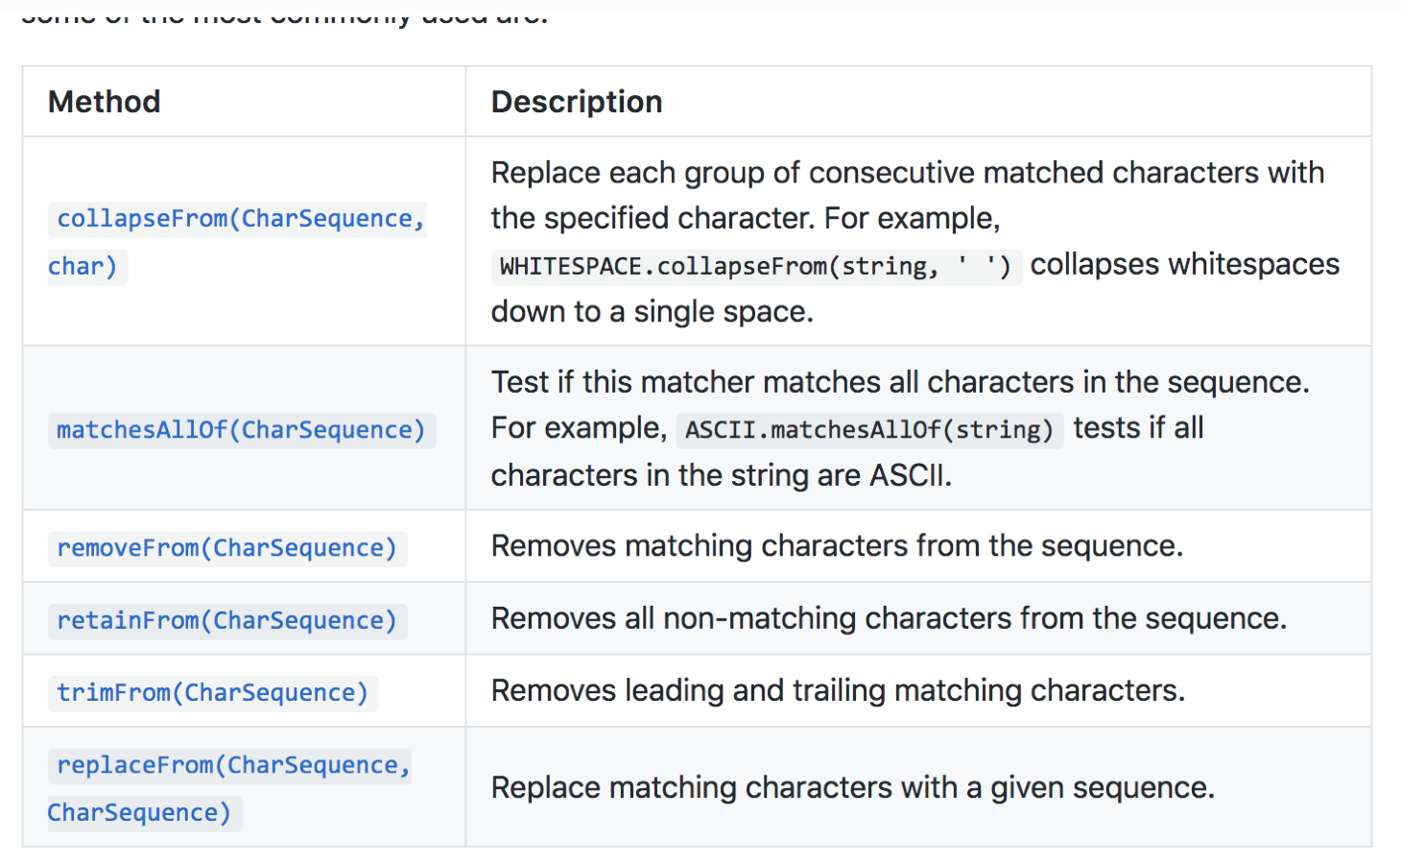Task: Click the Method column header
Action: click(105, 102)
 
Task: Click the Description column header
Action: click(577, 102)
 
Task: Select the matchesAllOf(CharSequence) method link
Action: click(241, 430)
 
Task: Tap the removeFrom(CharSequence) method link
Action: click(226, 548)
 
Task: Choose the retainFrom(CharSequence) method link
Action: click(226, 621)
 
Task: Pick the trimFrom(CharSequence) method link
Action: click(212, 693)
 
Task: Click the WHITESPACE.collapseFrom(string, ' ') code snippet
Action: click(756, 266)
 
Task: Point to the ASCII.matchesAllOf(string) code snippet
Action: click(869, 429)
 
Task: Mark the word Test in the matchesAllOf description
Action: click(520, 382)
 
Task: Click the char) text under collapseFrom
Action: click(83, 266)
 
